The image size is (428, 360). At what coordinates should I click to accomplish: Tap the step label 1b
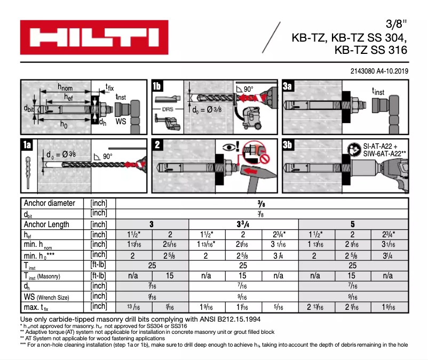(158, 86)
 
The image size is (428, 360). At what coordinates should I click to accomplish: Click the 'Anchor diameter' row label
(50, 203)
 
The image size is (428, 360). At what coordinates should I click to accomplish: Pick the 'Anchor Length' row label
(47, 225)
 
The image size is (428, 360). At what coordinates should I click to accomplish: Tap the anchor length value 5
(353, 225)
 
